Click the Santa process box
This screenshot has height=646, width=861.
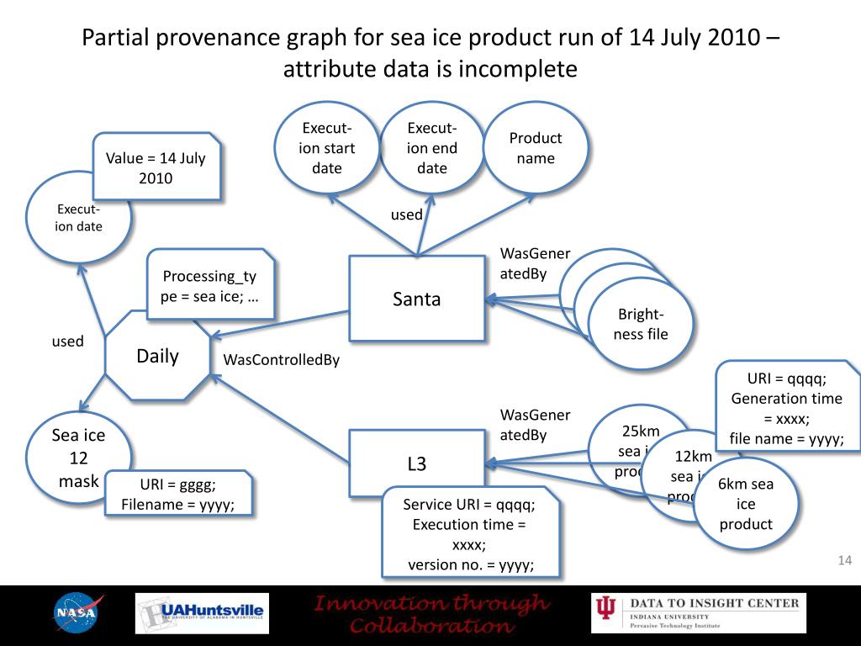417,299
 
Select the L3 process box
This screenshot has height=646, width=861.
417,463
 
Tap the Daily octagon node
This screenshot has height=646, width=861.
158,356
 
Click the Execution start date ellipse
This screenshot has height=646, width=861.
327,148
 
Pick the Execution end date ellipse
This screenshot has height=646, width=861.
432,148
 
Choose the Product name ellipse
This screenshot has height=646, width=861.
536,148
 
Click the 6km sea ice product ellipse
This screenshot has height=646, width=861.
746,504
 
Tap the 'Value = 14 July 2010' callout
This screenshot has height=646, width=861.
156,167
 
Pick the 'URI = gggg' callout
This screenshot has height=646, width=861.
178,495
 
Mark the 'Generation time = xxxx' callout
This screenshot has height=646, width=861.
786,408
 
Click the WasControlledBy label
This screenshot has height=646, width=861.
281,360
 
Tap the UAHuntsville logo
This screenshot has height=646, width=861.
202,613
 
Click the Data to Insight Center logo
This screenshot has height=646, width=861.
698,613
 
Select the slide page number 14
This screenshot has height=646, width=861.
845,561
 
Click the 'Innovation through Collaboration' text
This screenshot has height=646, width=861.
430,614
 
